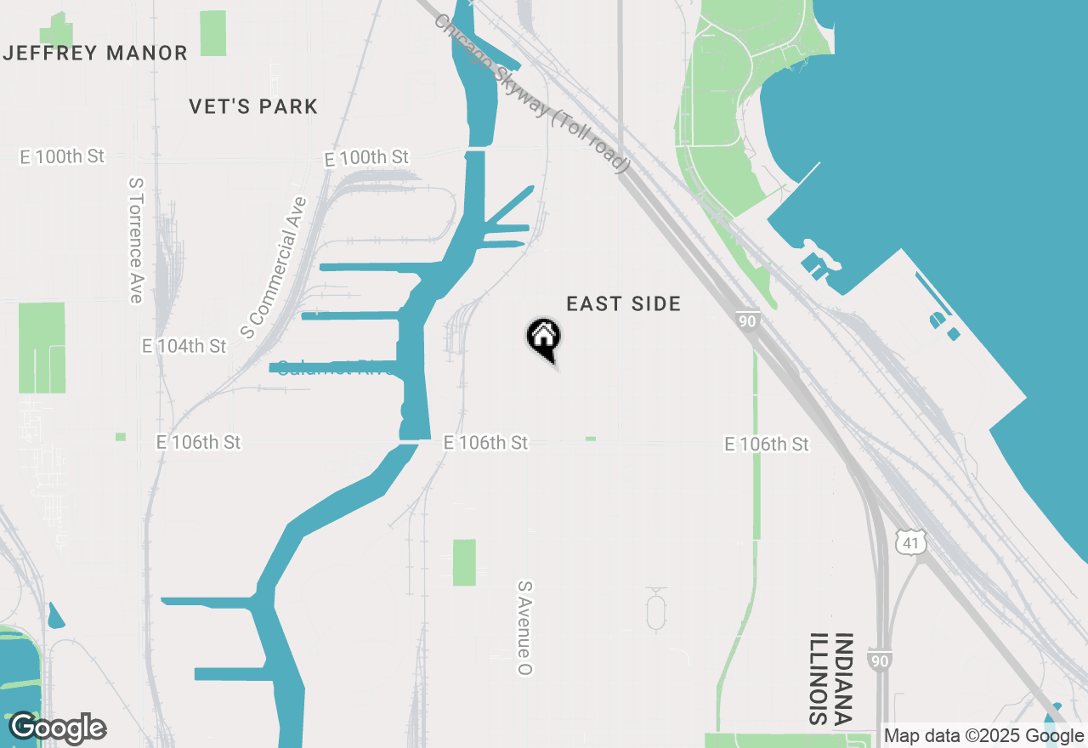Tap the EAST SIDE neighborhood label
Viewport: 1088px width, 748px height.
click(623, 304)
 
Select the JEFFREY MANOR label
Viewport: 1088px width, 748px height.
click(95, 54)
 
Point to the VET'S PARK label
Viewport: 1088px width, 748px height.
click(253, 107)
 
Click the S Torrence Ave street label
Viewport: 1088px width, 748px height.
click(135, 240)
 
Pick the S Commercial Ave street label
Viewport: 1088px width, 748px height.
click(273, 268)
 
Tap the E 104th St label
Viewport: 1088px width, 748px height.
click(184, 347)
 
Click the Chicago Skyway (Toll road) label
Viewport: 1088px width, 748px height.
click(532, 93)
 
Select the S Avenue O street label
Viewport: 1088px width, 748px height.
click(525, 628)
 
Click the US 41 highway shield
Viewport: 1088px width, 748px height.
click(909, 541)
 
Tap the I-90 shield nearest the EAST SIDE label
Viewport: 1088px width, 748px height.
click(746, 320)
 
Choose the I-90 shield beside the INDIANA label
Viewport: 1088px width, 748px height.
click(880, 660)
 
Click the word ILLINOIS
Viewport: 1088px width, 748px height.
click(818, 678)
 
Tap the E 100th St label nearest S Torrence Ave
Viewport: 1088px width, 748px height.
click(62, 157)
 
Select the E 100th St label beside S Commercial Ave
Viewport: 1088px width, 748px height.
click(366, 158)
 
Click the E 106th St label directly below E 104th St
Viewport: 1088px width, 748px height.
click(199, 443)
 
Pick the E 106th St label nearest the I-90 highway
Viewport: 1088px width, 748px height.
click(767, 445)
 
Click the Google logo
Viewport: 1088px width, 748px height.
click(58, 728)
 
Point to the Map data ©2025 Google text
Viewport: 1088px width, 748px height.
click(984, 736)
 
